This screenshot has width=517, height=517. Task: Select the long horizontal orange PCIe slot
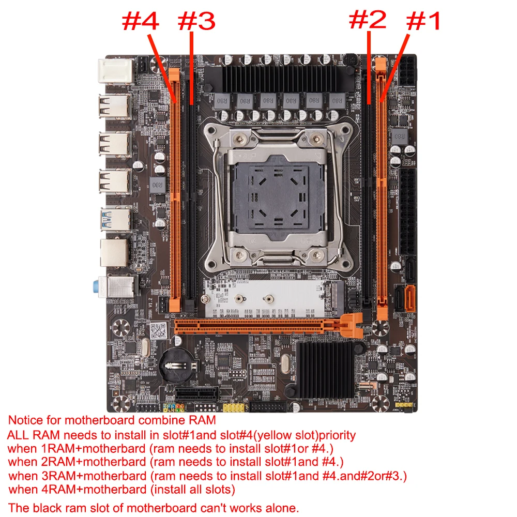(x=258, y=326)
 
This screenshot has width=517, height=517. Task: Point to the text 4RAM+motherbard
(x=78, y=489)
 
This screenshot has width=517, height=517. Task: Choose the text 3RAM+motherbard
(x=78, y=475)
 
